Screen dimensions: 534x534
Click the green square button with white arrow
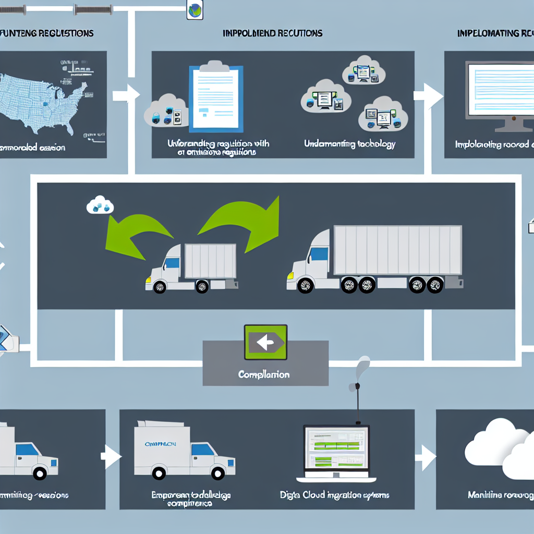tap(265, 342)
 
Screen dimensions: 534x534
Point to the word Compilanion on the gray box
tap(263, 374)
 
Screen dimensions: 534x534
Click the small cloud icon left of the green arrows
tap(100, 205)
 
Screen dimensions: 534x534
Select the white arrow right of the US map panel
tap(125, 95)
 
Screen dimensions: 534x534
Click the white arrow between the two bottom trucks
tap(111, 457)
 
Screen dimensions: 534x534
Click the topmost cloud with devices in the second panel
tap(363, 72)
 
